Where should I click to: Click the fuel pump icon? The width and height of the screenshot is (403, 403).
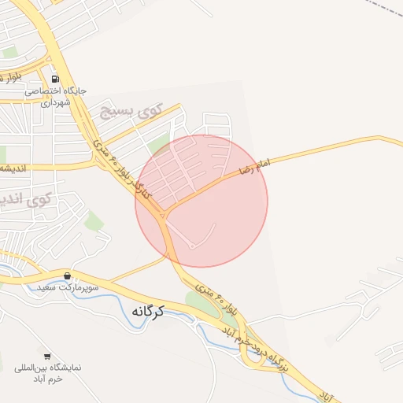[x=54, y=79]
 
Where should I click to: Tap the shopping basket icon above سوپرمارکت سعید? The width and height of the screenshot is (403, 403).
[x=67, y=276]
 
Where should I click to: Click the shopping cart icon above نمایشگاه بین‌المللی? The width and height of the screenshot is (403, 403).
[x=47, y=357]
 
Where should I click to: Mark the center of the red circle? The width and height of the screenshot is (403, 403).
[x=201, y=201]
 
